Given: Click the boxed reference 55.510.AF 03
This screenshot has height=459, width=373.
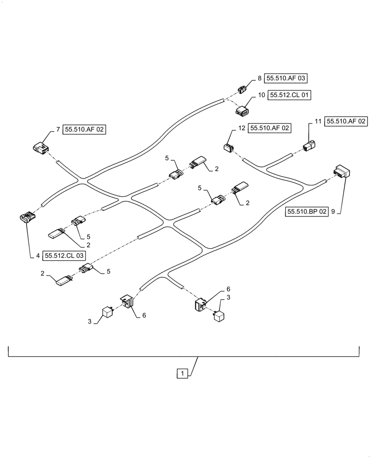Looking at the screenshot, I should point(285,78).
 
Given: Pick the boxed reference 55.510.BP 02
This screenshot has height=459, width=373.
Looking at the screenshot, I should point(307,212).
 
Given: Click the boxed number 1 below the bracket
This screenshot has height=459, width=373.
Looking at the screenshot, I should point(182,374).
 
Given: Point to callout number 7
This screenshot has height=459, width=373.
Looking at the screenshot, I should point(58,130).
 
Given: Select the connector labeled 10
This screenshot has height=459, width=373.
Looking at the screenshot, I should point(243,111).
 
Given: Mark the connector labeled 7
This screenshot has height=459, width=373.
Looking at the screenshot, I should point(40,147).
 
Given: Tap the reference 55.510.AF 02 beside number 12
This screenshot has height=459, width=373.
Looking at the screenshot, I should point(269,129).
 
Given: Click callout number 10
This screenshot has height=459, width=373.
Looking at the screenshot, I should point(261,96).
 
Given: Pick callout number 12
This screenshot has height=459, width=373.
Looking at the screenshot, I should point(241,129).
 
